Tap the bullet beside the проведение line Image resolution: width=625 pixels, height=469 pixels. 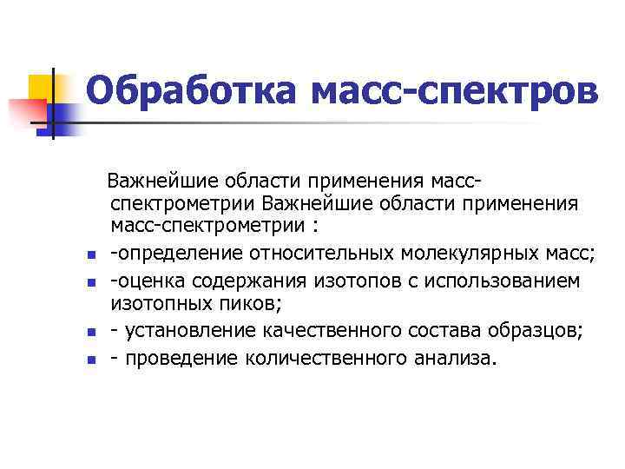(89, 359)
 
